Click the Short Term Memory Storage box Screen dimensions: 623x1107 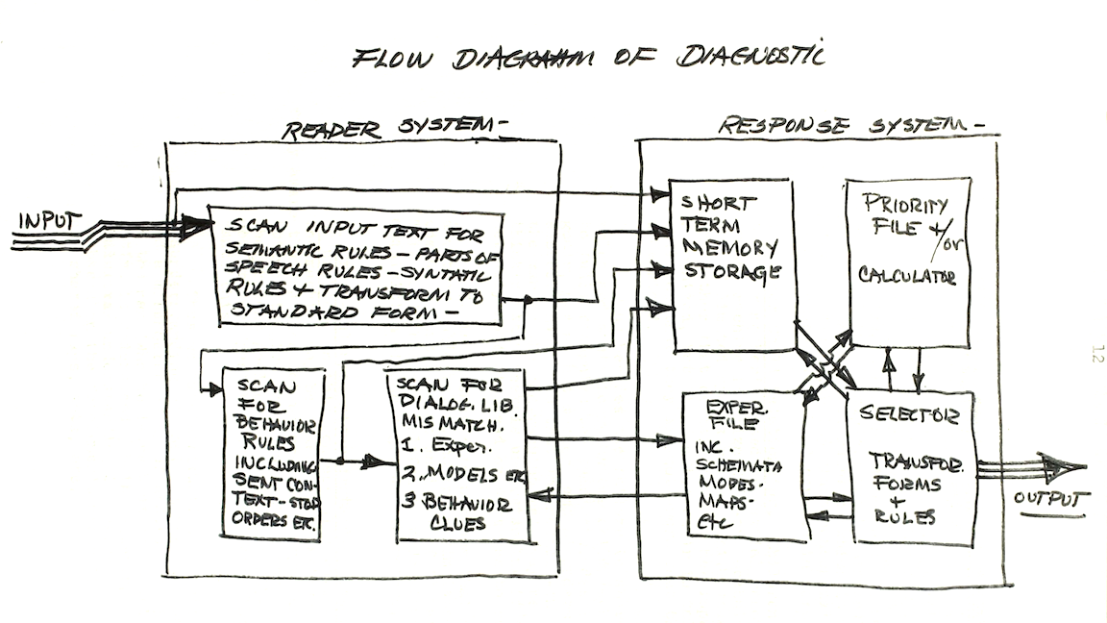pyautogui.click(x=731, y=264)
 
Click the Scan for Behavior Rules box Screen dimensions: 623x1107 pyautogui.click(x=273, y=454)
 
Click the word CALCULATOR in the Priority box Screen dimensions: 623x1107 pyautogui.click(x=907, y=277)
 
